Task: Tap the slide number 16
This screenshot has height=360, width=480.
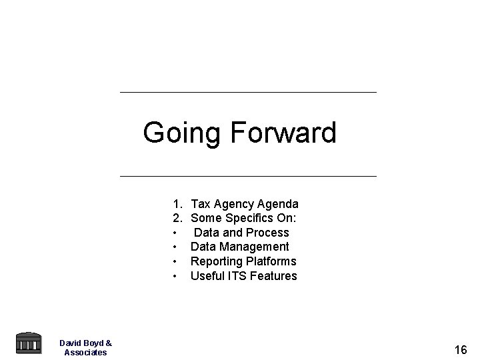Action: pyautogui.click(x=460, y=349)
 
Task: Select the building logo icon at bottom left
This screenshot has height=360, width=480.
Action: pyautogui.click(x=27, y=343)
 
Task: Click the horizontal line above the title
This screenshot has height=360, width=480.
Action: pyautogui.click(x=247, y=92)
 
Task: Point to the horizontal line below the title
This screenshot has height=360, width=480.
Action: pyautogui.click(x=247, y=176)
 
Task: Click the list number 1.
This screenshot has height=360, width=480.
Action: pyautogui.click(x=177, y=203)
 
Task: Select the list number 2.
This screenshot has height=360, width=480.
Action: pyautogui.click(x=177, y=218)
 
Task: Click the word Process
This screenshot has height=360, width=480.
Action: pyautogui.click(x=267, y=233)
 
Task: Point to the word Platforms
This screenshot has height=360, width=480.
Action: pyautogui.click(x=271, y=261)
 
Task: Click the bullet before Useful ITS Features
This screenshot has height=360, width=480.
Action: pyautogui.click(x=175, y=276)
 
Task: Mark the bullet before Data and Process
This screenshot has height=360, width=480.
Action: pyautogui.click(x=175, y=233)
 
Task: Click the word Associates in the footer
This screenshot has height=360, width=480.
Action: pyautogui.click(x=85, y=352)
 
